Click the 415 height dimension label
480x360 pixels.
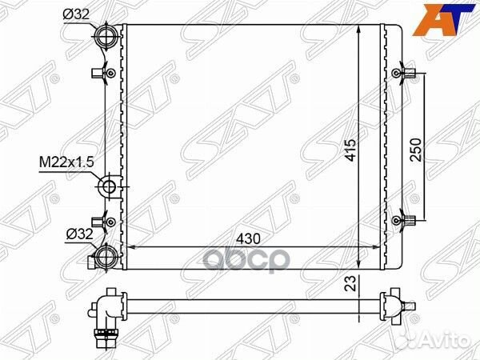point(350,150)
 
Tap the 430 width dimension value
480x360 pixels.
point(248,238)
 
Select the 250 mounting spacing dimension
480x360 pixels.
point(416,150)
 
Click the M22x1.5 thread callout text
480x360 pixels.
point(66,162)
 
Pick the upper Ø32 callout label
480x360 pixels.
point(76,14)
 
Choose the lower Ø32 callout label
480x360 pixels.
point(79,234)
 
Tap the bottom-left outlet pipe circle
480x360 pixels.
point(106,258)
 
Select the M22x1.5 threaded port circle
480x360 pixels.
point(109,186)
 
